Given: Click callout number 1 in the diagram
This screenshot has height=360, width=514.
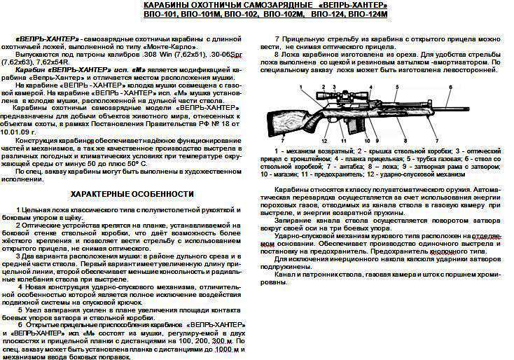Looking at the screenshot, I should [x=301, y=86].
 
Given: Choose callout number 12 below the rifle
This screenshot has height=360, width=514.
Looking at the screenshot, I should [x=324, y=141].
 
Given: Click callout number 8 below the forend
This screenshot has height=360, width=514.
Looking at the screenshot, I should [x=405, y=141].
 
